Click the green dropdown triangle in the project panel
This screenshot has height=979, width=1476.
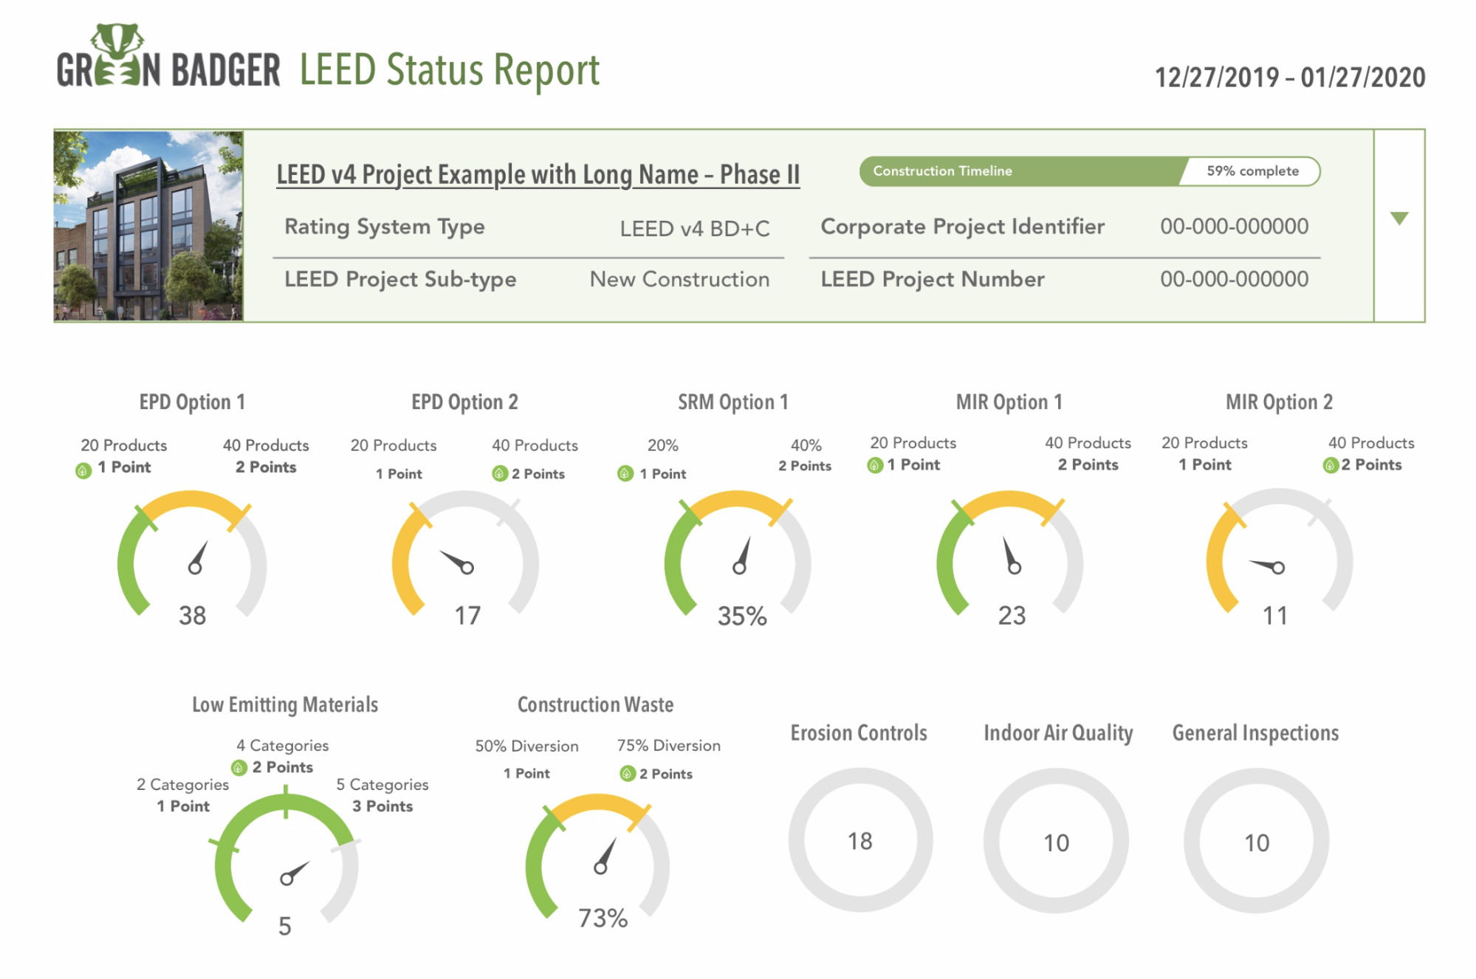[x=1398, y=219]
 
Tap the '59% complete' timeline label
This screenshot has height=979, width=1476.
[x=1252, y=171]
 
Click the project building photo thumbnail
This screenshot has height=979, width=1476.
[x=148, y=226]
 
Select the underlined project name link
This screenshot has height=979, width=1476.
[x=538, y=175]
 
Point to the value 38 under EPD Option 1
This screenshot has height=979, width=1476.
[x=192, y=615]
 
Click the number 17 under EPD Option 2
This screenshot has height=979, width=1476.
[x=467, y=615]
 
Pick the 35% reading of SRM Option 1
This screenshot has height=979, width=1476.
[x=742, y=616]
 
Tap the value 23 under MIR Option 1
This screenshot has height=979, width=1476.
[x=1012, y=615]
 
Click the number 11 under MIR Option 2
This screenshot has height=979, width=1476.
[x=1274, y=615]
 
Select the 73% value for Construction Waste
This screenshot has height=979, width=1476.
[x=603, y=918]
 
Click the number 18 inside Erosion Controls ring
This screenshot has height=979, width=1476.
[x=859, y=841]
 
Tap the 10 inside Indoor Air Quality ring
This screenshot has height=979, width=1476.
[x=1056, y=842]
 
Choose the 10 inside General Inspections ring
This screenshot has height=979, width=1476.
[x=1256, y=842]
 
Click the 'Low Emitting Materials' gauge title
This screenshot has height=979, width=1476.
[x=285, y=705]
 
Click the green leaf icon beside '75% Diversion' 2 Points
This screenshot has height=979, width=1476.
[x=628, y=774]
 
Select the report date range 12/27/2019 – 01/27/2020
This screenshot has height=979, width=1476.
[x=1290, y=78]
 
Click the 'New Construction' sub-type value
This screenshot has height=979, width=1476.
[x=679, y=279]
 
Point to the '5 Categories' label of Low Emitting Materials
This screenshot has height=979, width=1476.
[x=382, y=784]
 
